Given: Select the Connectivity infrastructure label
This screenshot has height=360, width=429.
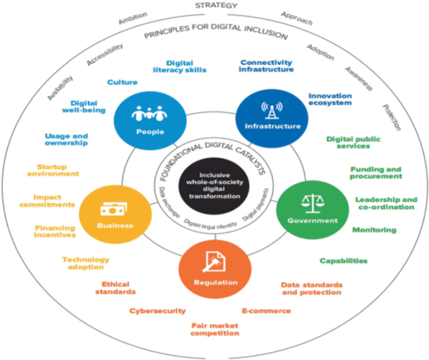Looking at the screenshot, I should (x=266, y=66).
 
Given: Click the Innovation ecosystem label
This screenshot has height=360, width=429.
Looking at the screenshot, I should (x=329, y=99).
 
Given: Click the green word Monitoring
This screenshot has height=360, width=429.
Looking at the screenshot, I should (x=374, y=230).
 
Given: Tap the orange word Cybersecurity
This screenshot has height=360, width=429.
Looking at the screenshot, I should (x=157, y=311).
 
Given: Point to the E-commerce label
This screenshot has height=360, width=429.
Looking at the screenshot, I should (x=266, y=311).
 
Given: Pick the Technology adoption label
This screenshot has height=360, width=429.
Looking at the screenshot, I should (x=85, y=263).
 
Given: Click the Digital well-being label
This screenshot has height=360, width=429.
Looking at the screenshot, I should (x=87, y=106).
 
